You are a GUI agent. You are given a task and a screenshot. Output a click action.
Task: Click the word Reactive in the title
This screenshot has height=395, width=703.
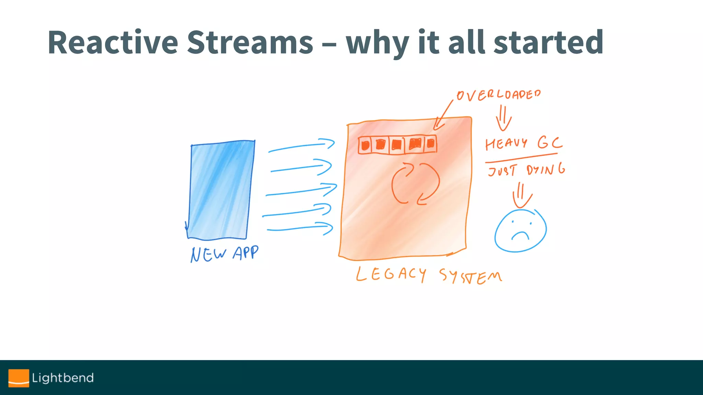pos(113,43)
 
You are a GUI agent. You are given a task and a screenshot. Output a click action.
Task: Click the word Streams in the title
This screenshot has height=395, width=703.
pos(250,43)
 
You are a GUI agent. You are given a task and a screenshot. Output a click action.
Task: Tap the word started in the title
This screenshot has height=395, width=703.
pos(548,43)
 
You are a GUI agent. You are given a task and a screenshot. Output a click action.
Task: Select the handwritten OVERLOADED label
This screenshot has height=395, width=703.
pos(498,95)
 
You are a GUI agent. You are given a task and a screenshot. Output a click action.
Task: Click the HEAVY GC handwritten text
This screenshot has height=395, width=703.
pos(523,143)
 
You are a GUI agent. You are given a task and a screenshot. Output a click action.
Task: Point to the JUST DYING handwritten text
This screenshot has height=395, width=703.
pos(526,170)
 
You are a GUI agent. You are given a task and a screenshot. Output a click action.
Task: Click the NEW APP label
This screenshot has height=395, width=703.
pos(224,254)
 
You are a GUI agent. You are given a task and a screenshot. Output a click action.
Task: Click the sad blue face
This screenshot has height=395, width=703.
pos(520,231)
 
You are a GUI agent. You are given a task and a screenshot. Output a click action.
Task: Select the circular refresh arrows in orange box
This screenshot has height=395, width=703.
pos(415,184)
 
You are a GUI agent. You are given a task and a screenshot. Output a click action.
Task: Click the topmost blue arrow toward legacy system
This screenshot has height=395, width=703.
pos(301,145)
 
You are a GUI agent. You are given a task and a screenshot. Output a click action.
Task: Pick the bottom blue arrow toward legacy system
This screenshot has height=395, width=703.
pos(300,228)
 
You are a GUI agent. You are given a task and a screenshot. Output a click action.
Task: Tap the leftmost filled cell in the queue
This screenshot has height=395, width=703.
pos(366,145)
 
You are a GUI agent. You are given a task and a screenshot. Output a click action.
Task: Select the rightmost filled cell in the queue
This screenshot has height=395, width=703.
pos(430,144)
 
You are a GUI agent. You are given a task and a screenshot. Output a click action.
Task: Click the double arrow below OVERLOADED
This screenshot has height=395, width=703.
pos(504,118)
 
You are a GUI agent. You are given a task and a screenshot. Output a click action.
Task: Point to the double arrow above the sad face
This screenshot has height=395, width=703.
pos(522,195)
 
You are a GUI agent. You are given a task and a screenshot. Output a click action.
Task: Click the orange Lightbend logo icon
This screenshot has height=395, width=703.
pos(19,378)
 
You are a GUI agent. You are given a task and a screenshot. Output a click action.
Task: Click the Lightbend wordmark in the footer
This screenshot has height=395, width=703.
pos(63,378)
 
